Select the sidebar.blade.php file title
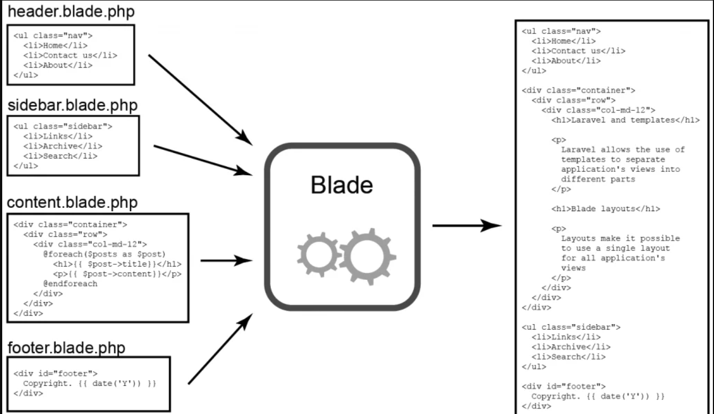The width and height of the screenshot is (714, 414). tap(73, 105)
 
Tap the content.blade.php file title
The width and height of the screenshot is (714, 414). tap(73, 202)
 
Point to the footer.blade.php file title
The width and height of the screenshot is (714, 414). tap(67, 348)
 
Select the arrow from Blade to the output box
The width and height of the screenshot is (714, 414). tap(466, 226)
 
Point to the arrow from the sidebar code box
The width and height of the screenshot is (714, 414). tap(203, 160)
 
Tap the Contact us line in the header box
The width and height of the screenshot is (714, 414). tap(71, 55)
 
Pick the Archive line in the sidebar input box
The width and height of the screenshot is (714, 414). tap(63, 146)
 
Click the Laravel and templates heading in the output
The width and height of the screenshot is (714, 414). tap(626, 120)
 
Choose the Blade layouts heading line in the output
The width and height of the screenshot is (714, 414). tap(606, 209)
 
